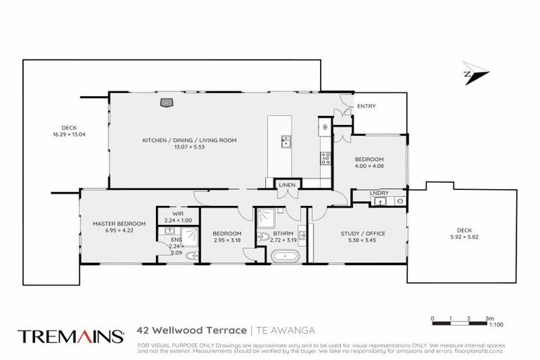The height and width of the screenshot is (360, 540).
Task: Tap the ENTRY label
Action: (366, 106)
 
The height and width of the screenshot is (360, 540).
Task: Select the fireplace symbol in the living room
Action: (167, 103)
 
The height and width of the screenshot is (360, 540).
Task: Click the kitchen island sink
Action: (286, 141)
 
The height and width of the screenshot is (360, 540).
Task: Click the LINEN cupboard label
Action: (287, 185)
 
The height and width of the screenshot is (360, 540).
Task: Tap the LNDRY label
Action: (379, 192)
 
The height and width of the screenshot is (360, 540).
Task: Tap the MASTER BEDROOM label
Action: (119, 224)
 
